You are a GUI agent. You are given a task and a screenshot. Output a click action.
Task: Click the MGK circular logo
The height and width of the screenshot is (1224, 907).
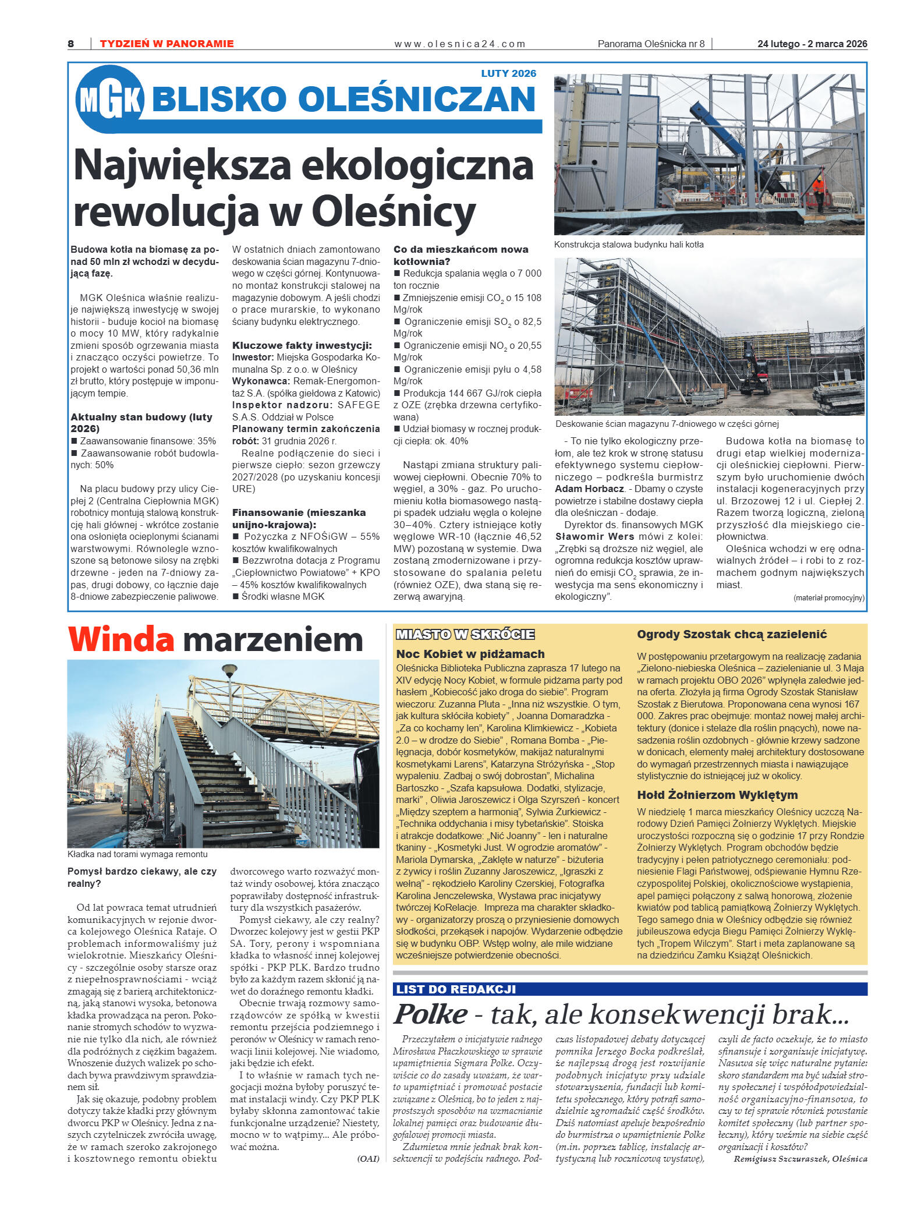pyautogui.click(x=109, y=100)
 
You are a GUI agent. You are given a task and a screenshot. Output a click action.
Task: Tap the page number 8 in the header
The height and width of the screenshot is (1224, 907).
pyautogui.click(x=71, y=44)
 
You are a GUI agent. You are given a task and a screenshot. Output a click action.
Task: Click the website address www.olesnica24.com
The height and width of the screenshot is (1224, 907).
pyautogui.click(x=459, y=44)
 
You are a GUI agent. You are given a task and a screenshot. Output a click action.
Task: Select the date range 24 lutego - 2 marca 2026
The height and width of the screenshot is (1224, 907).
pyautogui.click(x=812, y=44)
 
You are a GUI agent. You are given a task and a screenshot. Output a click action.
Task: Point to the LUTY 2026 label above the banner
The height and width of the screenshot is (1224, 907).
pyautogui.click(x=508, y=73)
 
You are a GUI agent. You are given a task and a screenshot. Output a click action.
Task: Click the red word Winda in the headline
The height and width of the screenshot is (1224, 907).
pyautogui.click(x=121, y=639)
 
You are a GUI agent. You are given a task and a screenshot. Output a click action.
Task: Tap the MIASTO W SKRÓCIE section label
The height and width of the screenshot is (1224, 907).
pyautogui.click(x=465, y=634)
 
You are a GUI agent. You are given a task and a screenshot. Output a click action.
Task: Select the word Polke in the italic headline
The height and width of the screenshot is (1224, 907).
pyautogui.click(x=430, y=1014)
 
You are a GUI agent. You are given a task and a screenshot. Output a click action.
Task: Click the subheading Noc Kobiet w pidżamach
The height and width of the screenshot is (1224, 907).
pyautogui.click(x=470, y=653)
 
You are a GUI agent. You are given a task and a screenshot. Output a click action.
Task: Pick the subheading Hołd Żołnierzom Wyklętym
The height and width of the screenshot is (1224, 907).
pyautogui.click(x=717, y=795)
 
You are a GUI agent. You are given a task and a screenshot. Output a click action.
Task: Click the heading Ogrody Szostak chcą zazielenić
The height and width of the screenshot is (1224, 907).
pyautogui.click(x=731, y=634)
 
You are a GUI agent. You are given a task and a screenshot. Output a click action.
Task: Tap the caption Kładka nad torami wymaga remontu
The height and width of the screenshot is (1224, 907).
pyautogui.click(x=137, y=854)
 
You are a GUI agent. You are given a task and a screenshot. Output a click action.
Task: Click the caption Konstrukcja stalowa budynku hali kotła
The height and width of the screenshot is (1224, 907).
pyautogui.click(x=628, y=245)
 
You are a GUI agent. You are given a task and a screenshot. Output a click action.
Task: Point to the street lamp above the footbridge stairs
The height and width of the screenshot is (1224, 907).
pyautogui.click(x=230, y=670)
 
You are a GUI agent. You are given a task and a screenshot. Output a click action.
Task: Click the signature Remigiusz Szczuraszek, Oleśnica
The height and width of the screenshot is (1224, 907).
pyautogui.click(x=800, y=1158)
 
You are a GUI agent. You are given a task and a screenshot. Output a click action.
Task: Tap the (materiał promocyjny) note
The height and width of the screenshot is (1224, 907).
pyautogui.click(x=828, y=597)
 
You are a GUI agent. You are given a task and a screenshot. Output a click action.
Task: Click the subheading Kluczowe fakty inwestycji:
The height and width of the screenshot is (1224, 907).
pyautogui.click(x=302, y=345)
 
